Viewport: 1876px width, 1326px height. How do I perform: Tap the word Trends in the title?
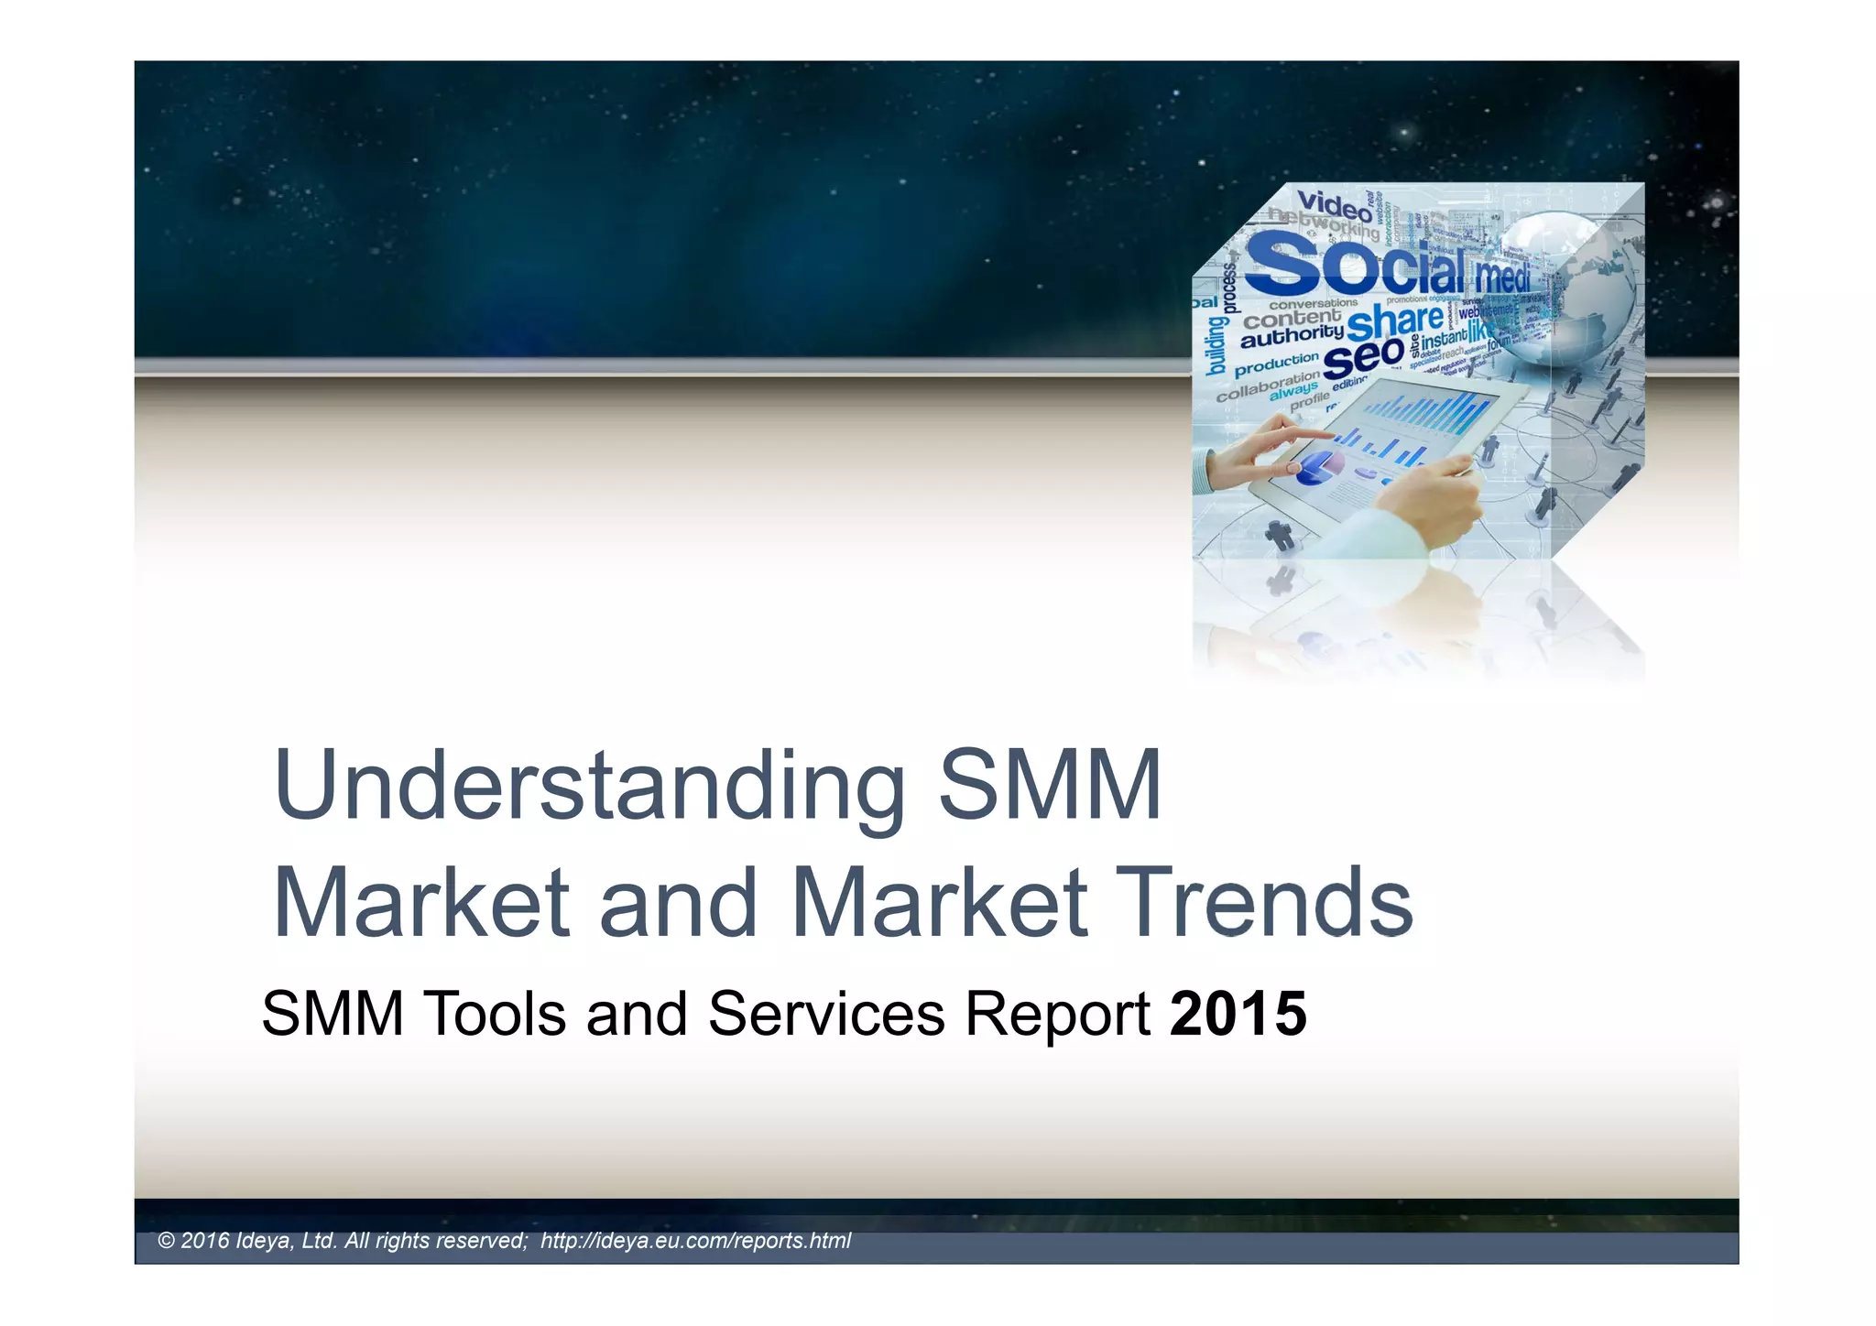pyautogui.click(x=1263, y=904)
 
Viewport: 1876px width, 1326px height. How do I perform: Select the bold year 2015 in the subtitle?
pyautogui.click(x=1238, y=1015)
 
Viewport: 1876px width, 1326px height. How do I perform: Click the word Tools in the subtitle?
pyautogui.click(x=495, y=1015)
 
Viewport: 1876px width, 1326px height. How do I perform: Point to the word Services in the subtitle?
pyautogui.click(x=825, y=1015)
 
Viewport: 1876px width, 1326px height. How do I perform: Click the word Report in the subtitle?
pyautogui.click(x=1057, y=1015)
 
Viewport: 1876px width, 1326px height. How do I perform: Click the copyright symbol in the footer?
pyautogui.click(x=166, y=1241)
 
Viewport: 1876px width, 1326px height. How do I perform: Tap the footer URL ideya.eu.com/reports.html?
pyautogui.click(x=695, y=1241)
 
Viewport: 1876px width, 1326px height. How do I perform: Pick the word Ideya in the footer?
pyautogui.click(x=266, y=1241)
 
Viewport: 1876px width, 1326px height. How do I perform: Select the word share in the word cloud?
pyautogui.click(x=1394, y=321)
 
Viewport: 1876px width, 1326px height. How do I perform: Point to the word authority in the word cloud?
pyautogui.click(x=1292, y=337)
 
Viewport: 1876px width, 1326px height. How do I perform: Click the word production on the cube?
pyautogui.click(x=1276, y=364)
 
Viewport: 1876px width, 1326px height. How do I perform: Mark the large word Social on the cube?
pyautogui.click(x=1356, y=264)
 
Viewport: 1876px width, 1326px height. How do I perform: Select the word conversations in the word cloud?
pyautogui.click(x=1313, y=303)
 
